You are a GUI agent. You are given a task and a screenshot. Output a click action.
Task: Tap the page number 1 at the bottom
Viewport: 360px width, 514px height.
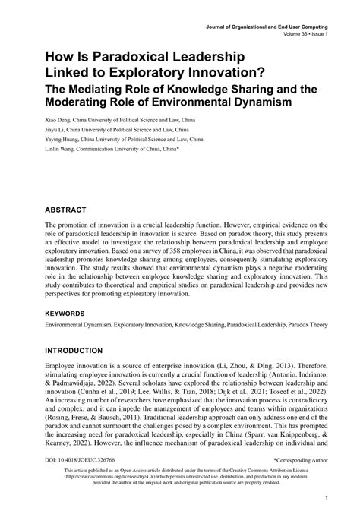pyautogui.click(x=325, y=499)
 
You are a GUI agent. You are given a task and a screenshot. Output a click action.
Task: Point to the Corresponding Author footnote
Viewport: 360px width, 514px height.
pyautogui.click(x=299, y=461)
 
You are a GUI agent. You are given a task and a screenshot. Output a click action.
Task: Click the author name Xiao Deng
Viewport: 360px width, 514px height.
pyautogui.click(x=60, y=120)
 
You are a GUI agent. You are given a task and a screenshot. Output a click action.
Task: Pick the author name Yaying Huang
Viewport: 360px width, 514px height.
pyautogui.click(x=64, y=140)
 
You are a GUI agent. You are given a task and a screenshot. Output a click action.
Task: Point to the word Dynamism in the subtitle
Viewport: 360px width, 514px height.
pyautogui.click(x=254, y=101)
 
